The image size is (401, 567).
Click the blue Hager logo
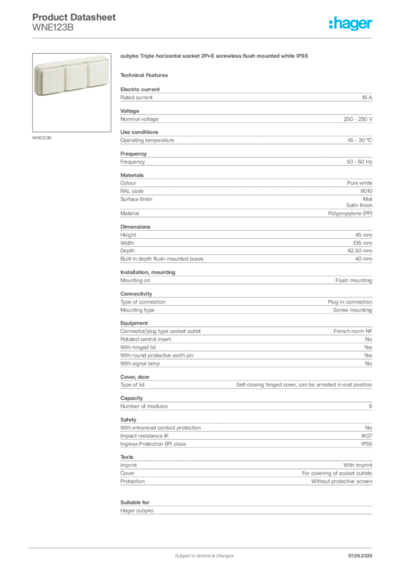(351, 24)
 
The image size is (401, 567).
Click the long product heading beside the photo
(214, 57)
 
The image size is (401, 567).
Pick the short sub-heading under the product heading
(146, 75)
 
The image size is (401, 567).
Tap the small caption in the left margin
(42, 137)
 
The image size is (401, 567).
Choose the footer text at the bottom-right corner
(361, 552)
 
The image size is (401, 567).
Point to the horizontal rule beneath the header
(203, 38)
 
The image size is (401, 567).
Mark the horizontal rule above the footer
(203, 545)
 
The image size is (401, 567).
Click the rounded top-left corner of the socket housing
(37, 66)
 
